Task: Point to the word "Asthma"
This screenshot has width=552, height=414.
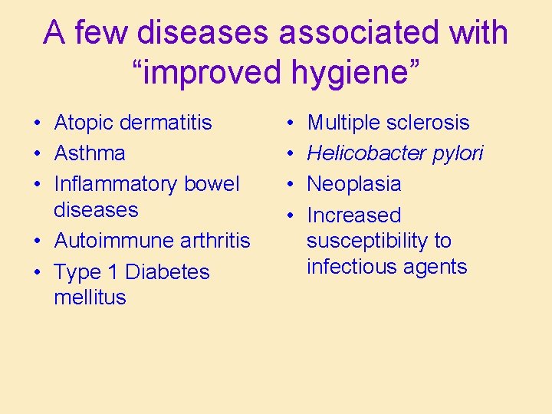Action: pyautogui.click(x=90, y=153)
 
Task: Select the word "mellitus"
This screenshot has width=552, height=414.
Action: pyautogui.click(x=90, y=297)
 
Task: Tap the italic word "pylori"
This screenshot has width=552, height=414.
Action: pyautogui.click(x=459, y=154)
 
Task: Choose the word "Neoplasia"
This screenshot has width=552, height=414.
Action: pyautogui.click(x=353, y=184)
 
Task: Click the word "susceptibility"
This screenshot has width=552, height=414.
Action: pyautogui.click(x=368, y=241)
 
